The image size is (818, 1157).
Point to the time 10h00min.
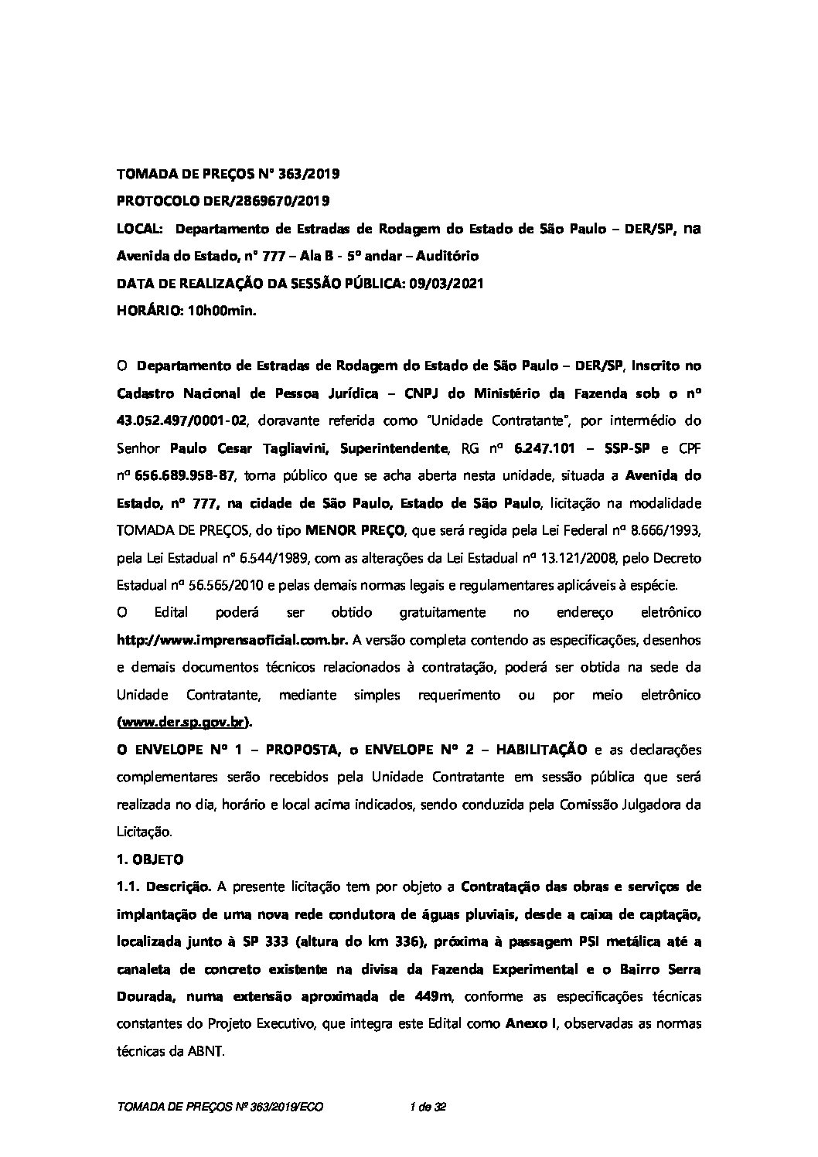(222, 311)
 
